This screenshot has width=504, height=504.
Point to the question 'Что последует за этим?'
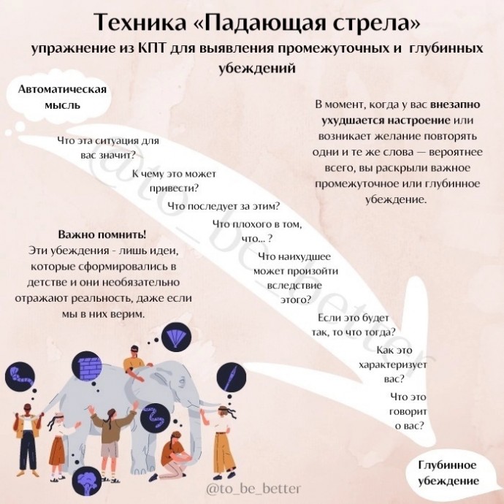[x=224, y=206]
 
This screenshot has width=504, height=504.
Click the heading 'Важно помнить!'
[x=102, y=234]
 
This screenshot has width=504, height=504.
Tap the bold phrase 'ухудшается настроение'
[x=386, y=121]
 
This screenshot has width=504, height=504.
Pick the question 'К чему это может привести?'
[x=174, y=181]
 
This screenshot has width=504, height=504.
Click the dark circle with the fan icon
[x=176, y=338]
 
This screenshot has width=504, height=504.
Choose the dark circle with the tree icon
[x=85, y=481]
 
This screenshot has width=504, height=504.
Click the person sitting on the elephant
[x=134, y=362]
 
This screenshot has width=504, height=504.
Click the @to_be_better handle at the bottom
[x=253, y=489]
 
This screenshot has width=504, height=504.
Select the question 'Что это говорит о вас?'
[x=408, y=411]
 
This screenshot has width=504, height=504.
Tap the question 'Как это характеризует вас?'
[x=393, y=364]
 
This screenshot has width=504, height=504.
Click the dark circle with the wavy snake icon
[x=156, y=418]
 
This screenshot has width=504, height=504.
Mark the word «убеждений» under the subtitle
[x=257, y=68]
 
